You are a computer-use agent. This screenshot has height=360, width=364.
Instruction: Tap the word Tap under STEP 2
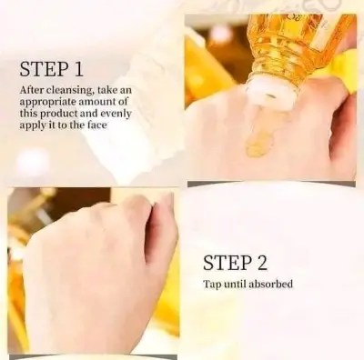click(x=211, y=285)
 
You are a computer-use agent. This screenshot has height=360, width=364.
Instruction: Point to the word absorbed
click(x=271, y=285)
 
